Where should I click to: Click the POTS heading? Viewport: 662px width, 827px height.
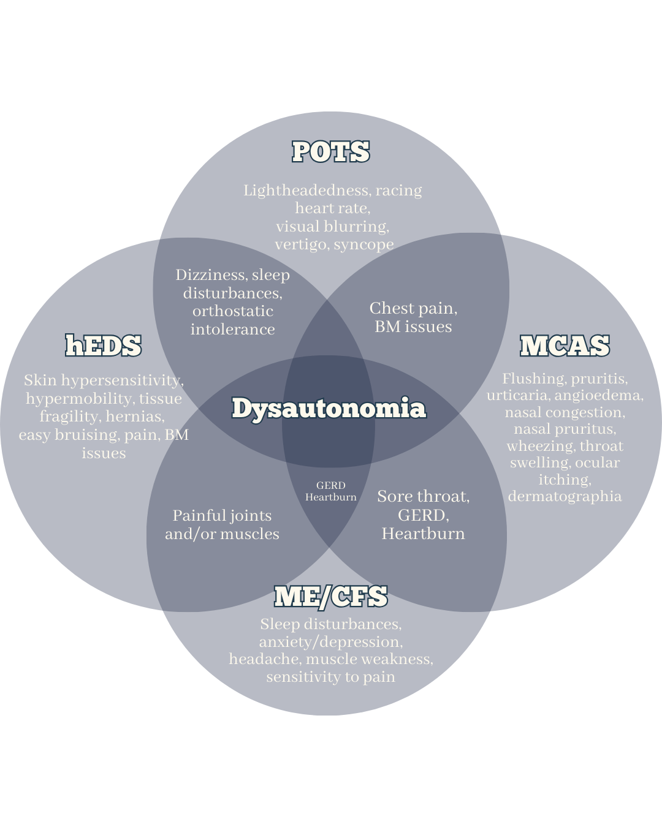tap(331, 152)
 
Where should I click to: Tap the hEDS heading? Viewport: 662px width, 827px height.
tap(104, 346)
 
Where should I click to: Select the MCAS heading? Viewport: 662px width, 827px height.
tap(565, 346)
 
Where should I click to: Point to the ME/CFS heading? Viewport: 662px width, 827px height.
tap(331, 597)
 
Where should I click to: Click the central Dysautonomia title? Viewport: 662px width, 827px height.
tap(329, 409)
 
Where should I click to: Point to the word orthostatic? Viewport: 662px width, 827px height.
tap(233, 311)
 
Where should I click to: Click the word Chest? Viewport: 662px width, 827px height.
tap(392, 308)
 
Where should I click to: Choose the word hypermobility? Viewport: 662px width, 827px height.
tap(80, 399)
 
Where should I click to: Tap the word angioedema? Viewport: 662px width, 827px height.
tap(598, 396)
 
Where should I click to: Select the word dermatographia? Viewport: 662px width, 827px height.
tap(565, 497)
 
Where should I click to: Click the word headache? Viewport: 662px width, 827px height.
tap(265, 659)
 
